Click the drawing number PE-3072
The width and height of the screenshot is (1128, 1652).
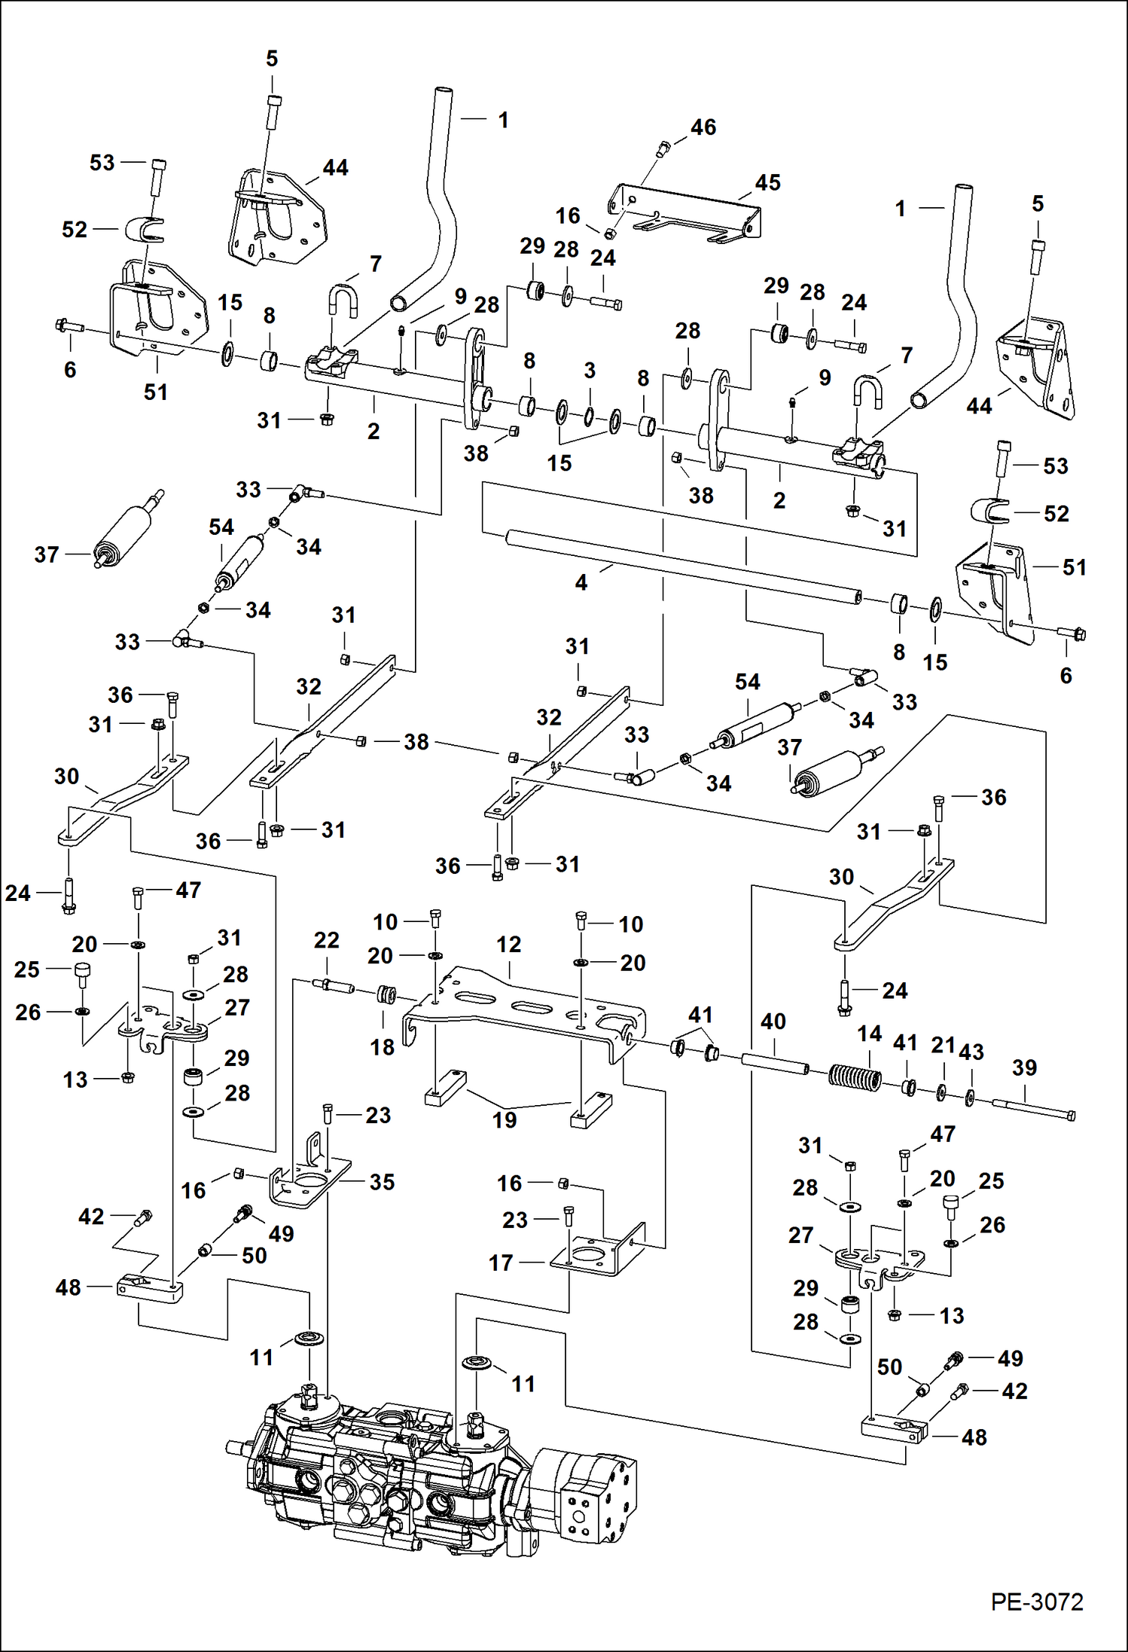(x=1036, y=1602)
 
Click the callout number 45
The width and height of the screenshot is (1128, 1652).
(x=767, y=183)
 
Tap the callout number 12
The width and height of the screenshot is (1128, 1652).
(x=508, y=944)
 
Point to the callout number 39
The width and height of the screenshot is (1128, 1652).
(x=1024, y=1067)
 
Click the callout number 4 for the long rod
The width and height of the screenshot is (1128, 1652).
(x=581, y=582)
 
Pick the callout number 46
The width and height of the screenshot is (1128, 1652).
(x=703, y=127)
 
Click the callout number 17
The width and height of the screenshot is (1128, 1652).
(x=501, y=1263)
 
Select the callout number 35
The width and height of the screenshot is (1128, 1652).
(x=382, y=1182)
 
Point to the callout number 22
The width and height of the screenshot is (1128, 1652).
(x=327, y=940)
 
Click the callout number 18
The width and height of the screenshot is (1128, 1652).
(x=382, y=1047)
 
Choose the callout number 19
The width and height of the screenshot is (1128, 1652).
(x=505, y=1120)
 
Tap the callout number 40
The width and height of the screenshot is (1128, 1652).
(x=773, y=1021)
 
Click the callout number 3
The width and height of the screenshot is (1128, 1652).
(x=590, y=371)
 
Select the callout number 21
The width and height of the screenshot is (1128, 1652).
(x=943, y=1045)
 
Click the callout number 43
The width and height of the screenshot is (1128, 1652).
(x=971, y=1052)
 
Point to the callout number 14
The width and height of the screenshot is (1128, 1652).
(x=869, y=1034)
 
